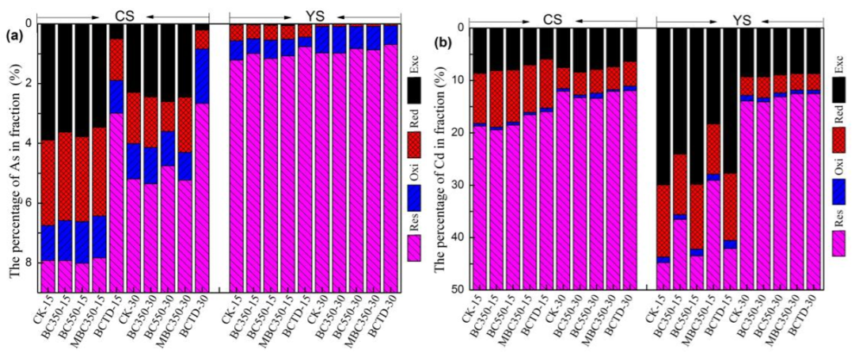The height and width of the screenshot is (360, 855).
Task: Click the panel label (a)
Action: point(14,35)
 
